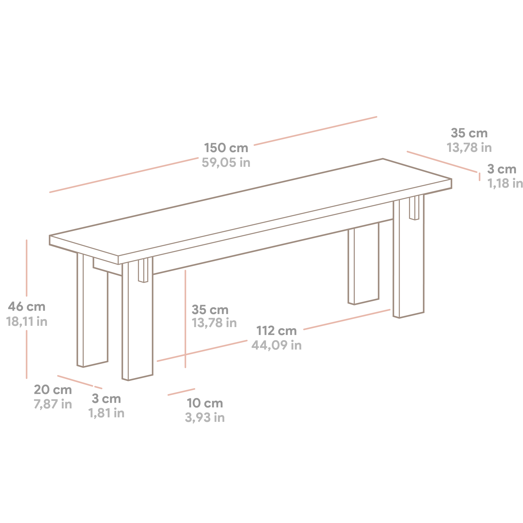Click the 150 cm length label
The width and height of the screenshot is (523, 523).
[226, 148]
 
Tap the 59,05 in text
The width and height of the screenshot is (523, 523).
[226, 163]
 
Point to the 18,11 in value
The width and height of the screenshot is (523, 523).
[26, 322]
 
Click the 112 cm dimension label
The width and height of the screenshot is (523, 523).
[276, 331]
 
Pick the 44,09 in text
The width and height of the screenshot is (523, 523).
[276, 345]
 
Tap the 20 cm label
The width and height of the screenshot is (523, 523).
[53, 390]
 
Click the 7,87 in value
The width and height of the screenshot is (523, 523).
[53, 404]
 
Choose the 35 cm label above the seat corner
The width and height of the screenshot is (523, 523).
[469, 133]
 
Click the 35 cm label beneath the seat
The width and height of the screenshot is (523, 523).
[210, 310]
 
